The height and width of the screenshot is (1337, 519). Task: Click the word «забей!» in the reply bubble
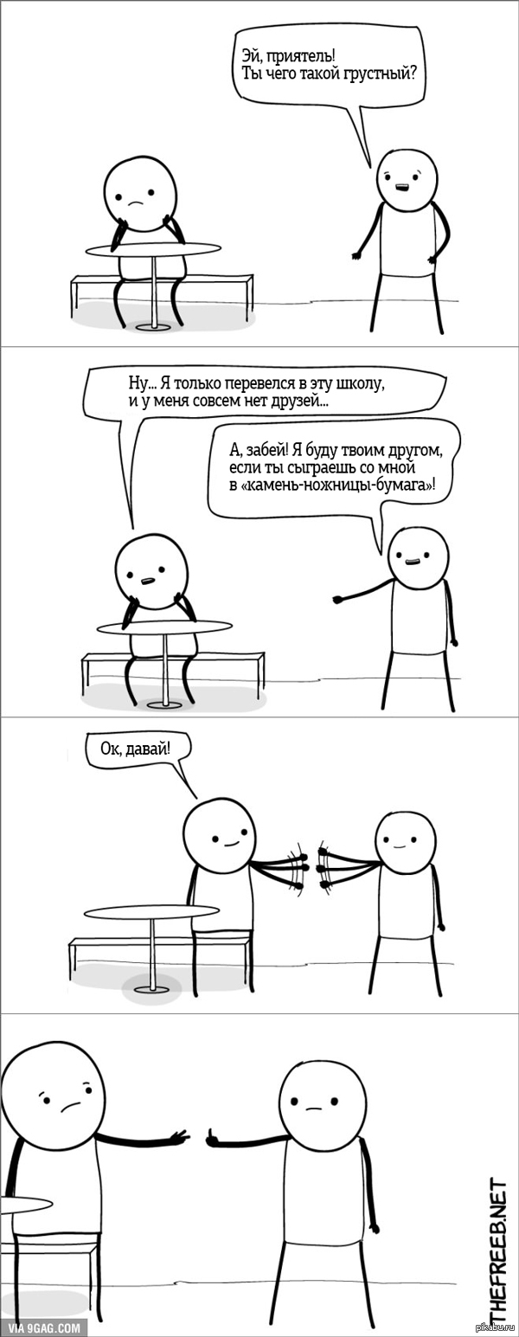click(x=269, y=451)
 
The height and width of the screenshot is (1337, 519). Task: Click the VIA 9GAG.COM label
click(x=45, y=1327)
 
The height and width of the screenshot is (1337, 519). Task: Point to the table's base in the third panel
click(x=152, y=988)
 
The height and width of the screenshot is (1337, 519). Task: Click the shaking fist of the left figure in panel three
click(x=299, y=866)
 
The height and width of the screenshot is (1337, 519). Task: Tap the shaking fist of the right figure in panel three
click(x=326, y=865)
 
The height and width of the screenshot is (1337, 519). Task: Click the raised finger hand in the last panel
click(x=214, y=1137)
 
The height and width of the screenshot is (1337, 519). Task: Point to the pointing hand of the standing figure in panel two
click(x=336, y=599)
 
